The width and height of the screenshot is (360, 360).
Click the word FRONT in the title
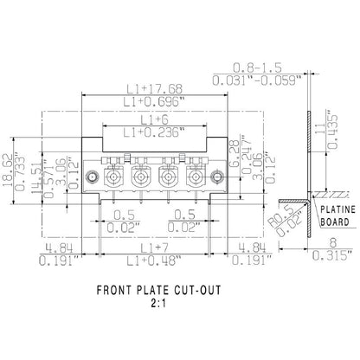[119, 292]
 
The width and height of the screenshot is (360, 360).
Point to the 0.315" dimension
[325, 256]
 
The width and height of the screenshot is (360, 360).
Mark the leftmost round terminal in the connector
[113, 181]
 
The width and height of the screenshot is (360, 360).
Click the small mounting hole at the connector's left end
[91, 180]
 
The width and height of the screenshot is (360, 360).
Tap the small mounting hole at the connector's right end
[218, 180]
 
